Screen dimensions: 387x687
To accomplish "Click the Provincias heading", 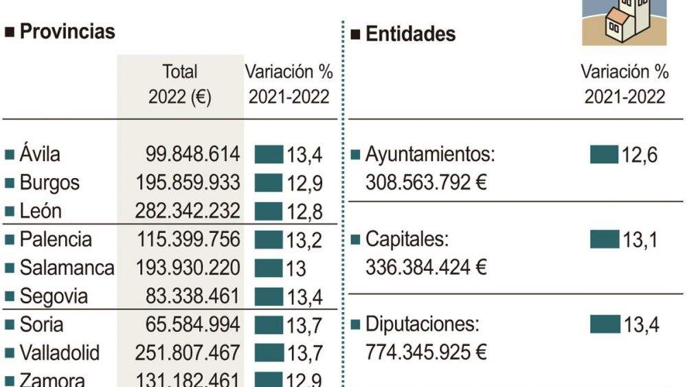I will coord(67,32).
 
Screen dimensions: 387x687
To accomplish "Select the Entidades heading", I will coord(410,34).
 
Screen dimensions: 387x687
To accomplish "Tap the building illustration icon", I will coord(624,22).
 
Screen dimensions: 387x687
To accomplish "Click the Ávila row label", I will coord(40,154).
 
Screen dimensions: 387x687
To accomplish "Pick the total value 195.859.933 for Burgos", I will coord(188,183).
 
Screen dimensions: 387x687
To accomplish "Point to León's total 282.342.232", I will coord(188,211).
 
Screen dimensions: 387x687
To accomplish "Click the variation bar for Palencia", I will coord(269,240).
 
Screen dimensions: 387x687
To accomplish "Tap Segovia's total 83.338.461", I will coord(192,297).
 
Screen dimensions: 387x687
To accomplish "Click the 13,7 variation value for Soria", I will coord(305,325).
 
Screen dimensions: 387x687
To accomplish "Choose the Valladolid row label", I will coord(59,353).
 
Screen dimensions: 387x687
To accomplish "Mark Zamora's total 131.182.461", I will coord(188,380).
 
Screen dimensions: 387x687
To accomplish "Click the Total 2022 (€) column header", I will coord(180,84).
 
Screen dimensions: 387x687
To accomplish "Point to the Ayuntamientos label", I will coord(430,155).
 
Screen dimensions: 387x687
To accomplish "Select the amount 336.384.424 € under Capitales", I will coord(426,267).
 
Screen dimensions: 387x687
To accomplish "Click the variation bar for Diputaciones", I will coord(605,324).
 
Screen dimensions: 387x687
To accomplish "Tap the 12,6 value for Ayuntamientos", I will coord(640,155).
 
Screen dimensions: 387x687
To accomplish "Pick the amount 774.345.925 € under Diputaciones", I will coord(426,353).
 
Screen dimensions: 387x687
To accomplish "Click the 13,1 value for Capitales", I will coord(640,240).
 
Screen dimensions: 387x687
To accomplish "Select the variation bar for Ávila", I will coord(269,154).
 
